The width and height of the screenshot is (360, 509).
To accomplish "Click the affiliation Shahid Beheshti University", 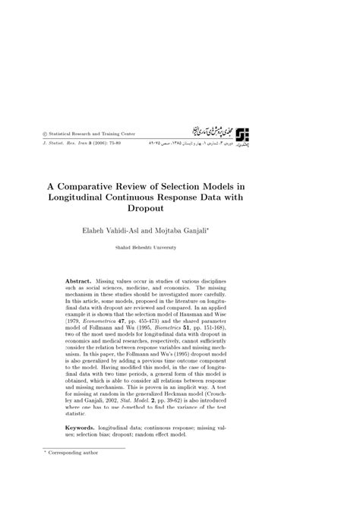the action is (x=178, y=248).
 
